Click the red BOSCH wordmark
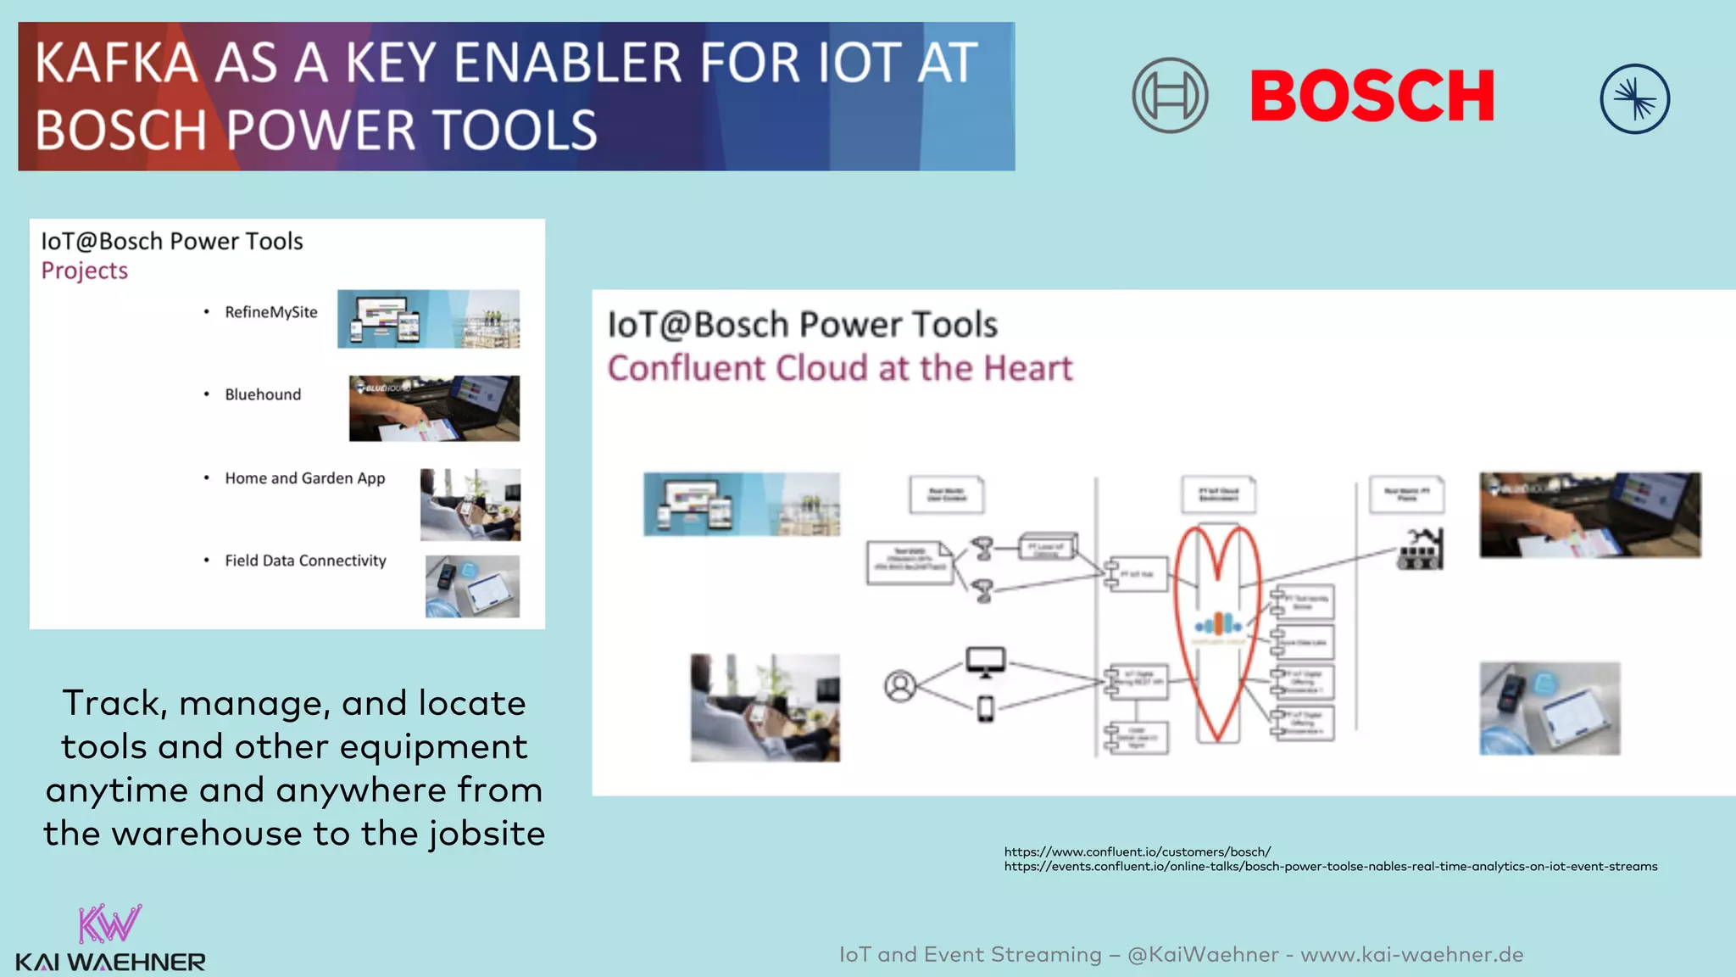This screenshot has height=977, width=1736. tap(1372, 96)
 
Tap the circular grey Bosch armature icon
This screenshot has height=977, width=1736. tap(1170, 96)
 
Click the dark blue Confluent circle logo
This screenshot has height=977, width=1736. tap(1634, 99)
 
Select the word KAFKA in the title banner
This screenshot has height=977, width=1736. tap(117, 63)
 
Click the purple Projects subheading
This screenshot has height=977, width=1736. tap(85, 271)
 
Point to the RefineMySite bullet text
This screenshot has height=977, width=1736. tap(270, 312)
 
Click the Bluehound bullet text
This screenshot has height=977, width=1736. tap(263, 394)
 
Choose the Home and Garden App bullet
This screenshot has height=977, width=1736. tap(304, 478)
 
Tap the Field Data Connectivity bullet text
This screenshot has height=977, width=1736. tap(305, 561)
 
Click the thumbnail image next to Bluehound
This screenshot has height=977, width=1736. tap(434, 408)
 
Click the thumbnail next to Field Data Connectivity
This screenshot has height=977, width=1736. tap(472, 586)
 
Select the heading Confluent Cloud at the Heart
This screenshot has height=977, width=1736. tap(839, 368)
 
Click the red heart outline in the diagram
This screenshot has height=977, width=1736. tap(1217, 560)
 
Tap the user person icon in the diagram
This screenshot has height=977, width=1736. tap(900, 685)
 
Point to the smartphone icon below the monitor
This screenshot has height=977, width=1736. tap(985, 708)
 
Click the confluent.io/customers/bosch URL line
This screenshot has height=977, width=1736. tap(1137, 851)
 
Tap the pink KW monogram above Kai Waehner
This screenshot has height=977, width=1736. tap(109, 924)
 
